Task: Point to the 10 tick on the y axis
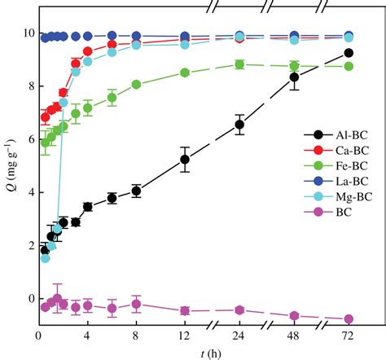(x=26, y=33)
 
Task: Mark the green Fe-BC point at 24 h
(x=239, y=64)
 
